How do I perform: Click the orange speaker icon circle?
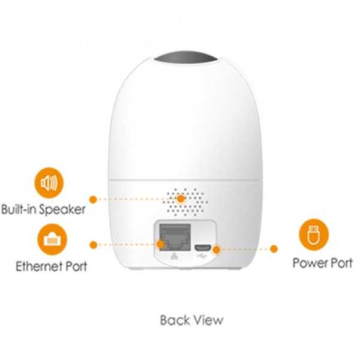49,183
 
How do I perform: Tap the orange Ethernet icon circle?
52,239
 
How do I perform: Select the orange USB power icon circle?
314,235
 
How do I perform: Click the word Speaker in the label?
62,209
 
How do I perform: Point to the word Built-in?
19,209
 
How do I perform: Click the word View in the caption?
207,320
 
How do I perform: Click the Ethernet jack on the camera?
175,238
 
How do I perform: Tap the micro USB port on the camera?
202,248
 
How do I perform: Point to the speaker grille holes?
185,202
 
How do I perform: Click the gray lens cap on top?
186,57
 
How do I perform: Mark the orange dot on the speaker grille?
181,199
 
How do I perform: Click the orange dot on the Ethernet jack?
160,245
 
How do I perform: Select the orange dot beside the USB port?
216,250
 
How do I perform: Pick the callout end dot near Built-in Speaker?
93,200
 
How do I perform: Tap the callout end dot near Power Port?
274,248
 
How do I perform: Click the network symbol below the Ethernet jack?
175,256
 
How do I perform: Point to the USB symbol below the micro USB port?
202,256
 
